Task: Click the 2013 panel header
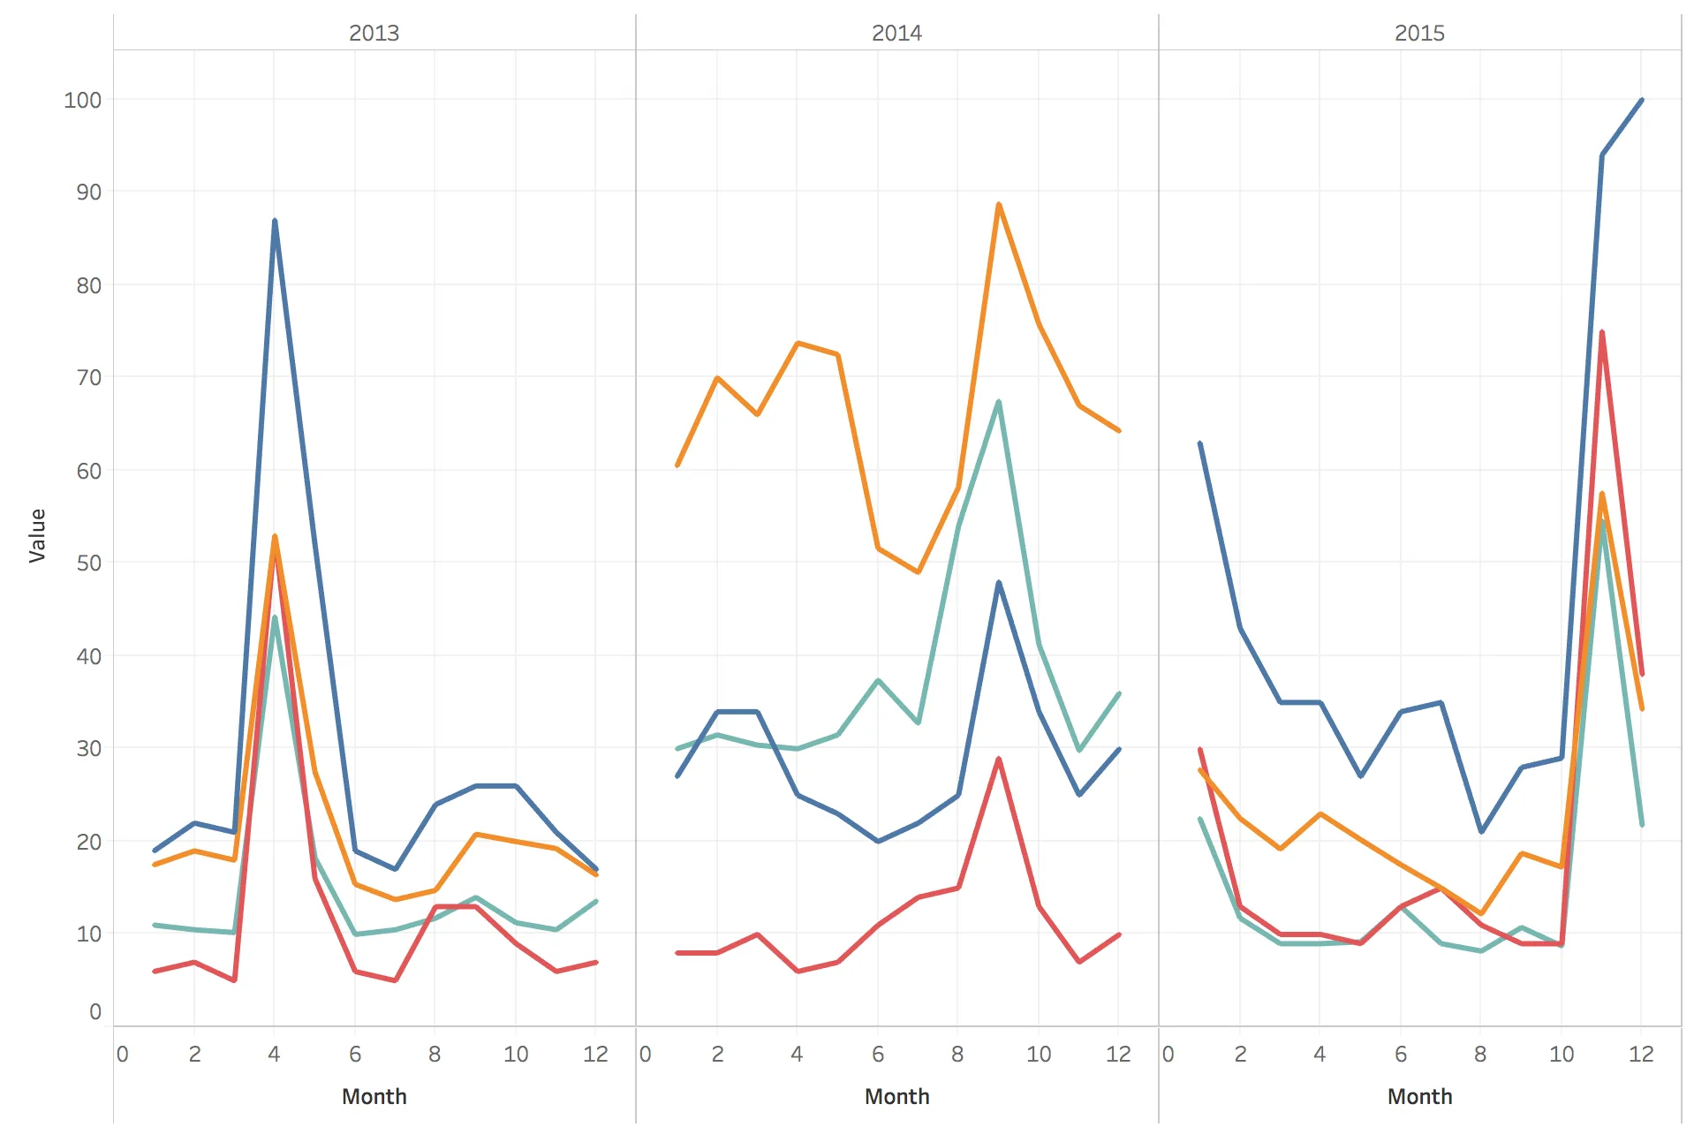point(374,33)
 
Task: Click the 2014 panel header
point(896,33)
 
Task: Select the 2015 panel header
point(1419,33)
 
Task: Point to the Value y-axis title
point(37,535)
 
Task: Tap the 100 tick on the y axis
point(82,100)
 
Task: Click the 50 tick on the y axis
point(88,563)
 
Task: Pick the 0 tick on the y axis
point(95,1011)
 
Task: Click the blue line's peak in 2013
point(275,221)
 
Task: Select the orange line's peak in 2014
point(998,205)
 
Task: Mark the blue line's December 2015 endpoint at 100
point(1641,100)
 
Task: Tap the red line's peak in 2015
point(1601,333)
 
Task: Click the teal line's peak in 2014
point(998,402)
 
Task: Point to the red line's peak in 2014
point(998,759)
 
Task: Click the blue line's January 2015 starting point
point(1200,443)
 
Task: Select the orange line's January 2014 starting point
point(677,465)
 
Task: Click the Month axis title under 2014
point(896,1096)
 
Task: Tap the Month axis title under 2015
point(1419,1096)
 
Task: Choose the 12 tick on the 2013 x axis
point(595,1054)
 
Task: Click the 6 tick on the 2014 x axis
point(878,1054)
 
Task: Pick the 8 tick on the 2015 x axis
point(1480,1054)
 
